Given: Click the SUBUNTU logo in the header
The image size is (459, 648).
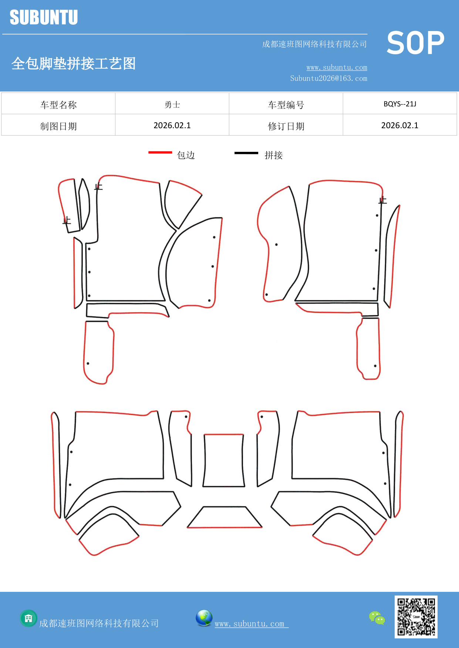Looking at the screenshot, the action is (x=44, y=17).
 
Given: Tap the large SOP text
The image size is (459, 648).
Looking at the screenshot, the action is (x=415, y=43).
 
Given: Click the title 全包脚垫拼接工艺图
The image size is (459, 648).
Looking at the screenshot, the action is (x=74, y=64).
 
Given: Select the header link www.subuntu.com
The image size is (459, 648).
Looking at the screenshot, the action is (x=337, y=67).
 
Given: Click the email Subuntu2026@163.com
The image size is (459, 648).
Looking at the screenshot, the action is (x=328, y=78).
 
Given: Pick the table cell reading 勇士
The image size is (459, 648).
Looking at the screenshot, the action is (x=172, y=105).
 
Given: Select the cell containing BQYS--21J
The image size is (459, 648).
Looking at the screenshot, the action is (x=400, y=104).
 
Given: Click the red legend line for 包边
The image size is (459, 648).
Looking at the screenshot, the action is (x=160, y=152).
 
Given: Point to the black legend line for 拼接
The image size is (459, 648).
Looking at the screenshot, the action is (x=246, y=153).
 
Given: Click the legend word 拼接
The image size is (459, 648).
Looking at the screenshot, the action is (x=274, y=155).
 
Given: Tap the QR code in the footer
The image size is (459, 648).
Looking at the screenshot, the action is (x=416, y=617).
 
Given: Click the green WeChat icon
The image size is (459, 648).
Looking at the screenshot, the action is (x=377, y=618).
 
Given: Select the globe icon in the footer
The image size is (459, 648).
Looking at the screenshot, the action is (x=204, y=618).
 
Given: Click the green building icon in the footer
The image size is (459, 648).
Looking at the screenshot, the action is (x=28, y=618).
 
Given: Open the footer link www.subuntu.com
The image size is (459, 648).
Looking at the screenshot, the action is (x=252, y=624).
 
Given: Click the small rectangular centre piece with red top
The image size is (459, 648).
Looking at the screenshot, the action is (x=224, y=460).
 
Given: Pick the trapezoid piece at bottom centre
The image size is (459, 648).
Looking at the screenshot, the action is (x=225, y=517).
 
